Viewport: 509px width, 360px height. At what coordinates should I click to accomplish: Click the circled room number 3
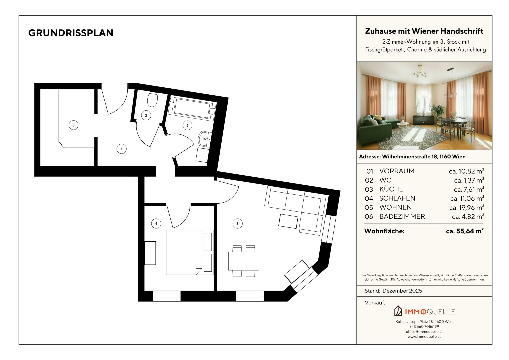73,125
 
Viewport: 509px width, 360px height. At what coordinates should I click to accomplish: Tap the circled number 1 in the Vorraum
122,149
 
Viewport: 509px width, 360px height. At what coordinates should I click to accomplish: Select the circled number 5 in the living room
237,223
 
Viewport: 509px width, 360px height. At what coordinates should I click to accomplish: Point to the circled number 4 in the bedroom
156,223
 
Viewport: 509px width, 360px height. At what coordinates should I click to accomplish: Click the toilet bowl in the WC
152,99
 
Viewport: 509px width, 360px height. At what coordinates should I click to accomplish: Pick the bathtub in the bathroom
192,108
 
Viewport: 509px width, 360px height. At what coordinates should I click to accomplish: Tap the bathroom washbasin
205,139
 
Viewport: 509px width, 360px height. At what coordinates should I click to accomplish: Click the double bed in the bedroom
190,252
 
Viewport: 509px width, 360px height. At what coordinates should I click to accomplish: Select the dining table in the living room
244,261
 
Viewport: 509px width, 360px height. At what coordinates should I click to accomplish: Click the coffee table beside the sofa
288,221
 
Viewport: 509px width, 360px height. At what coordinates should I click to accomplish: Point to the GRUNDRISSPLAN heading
71,33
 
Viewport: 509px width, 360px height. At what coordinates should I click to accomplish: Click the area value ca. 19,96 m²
467,207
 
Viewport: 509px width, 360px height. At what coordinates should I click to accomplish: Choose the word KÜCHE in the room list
391,189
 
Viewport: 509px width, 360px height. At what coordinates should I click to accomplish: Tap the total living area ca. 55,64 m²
465,231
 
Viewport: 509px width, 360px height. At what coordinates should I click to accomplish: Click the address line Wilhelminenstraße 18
412,157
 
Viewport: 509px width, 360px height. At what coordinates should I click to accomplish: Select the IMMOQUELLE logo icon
398,311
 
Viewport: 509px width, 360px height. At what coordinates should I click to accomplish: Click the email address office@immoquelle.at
424,332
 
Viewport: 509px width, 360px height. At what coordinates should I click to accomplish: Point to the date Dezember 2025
402,291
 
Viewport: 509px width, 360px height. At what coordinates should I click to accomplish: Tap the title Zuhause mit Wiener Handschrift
424,31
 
